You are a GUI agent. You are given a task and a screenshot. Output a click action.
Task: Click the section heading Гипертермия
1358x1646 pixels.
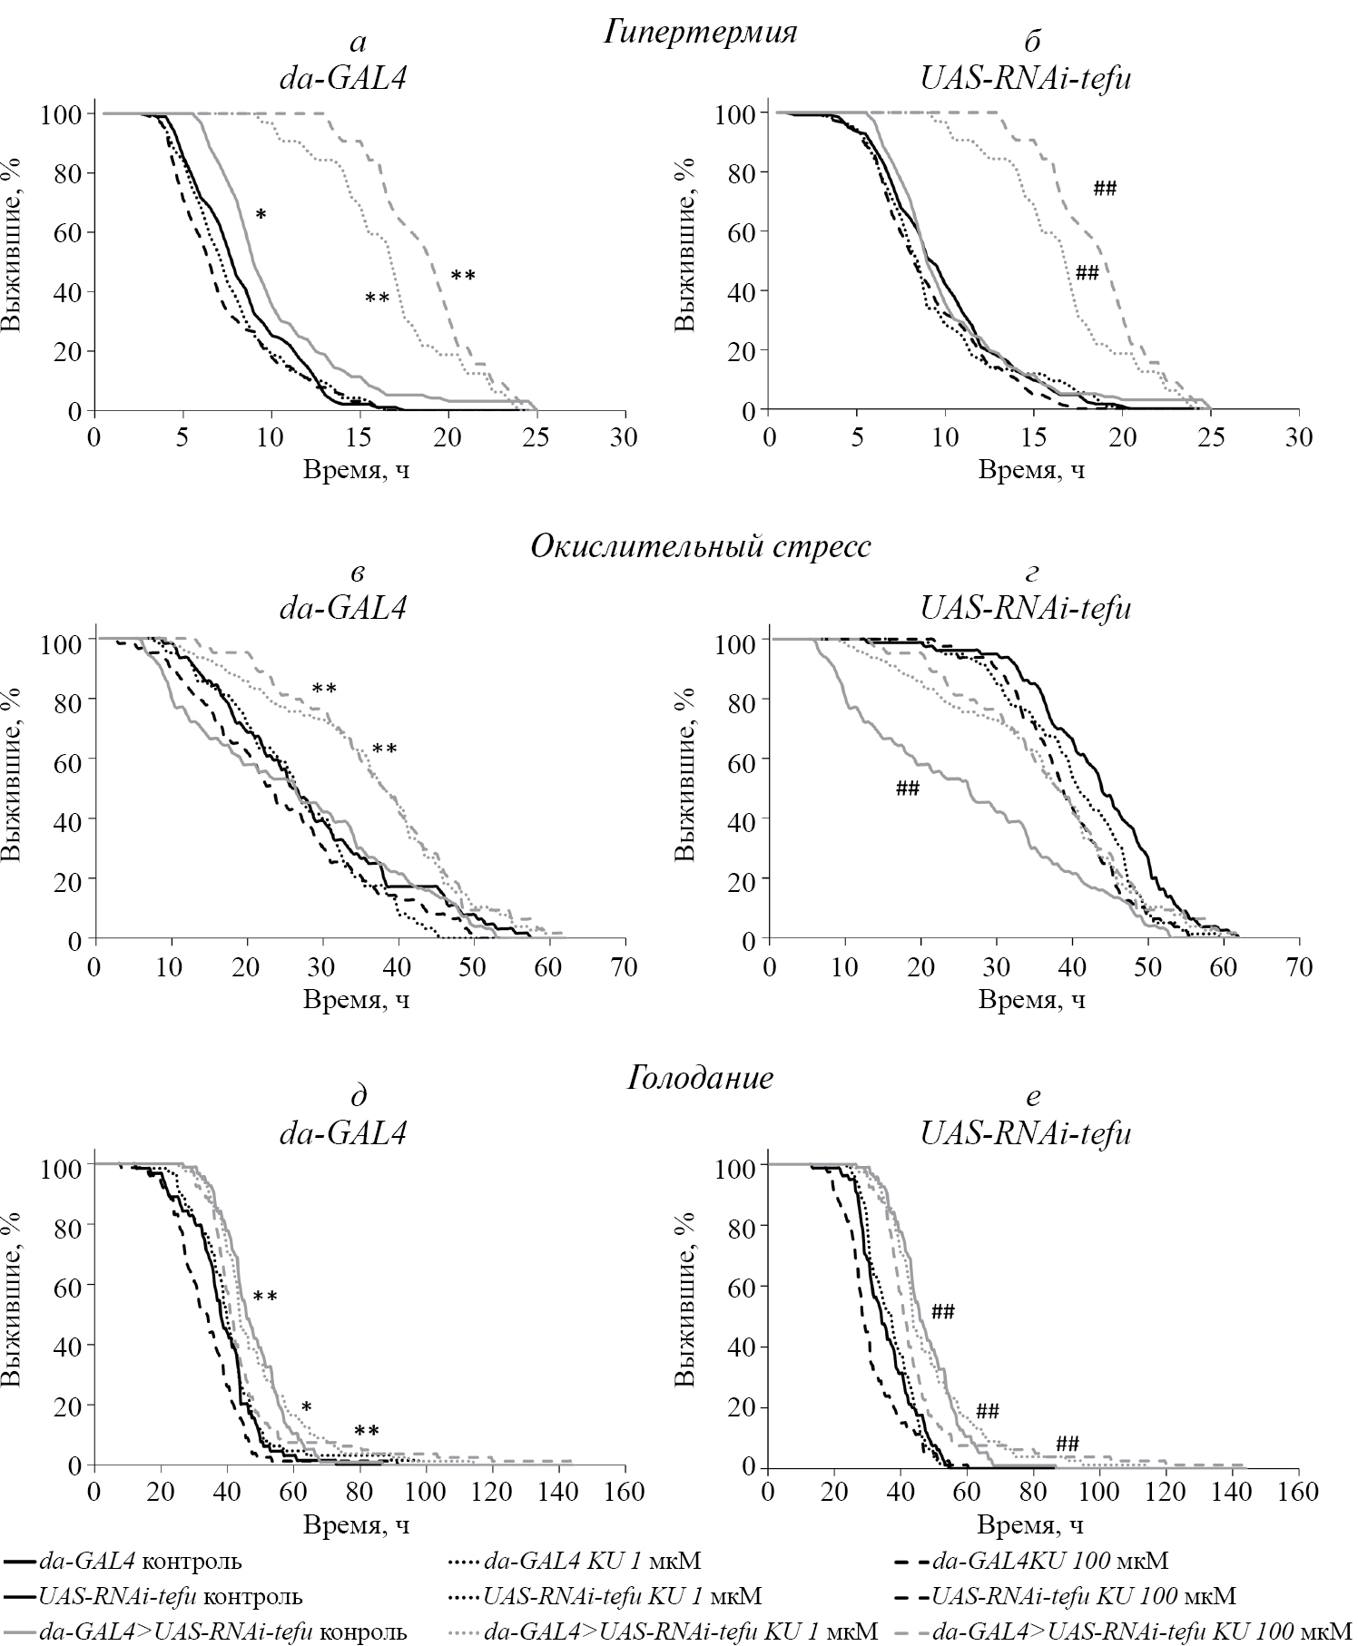point(699,34)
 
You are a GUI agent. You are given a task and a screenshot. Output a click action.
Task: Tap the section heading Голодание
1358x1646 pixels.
point(699,1078)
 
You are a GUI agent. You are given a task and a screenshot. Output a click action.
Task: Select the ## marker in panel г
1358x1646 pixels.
point(907,789)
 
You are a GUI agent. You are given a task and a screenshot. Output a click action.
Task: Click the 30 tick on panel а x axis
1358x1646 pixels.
point(624,437)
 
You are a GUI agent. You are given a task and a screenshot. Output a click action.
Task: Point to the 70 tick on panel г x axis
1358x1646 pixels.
point(1300,966)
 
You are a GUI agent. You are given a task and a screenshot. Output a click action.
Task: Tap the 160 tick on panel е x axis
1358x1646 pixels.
point(1300,1492)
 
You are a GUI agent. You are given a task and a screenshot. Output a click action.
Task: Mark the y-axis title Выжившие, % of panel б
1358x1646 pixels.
point(687,245)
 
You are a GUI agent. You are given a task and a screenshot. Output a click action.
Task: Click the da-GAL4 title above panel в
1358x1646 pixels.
point(342,607)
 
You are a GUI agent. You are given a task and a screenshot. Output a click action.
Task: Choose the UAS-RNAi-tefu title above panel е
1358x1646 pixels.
point(1026,1133)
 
